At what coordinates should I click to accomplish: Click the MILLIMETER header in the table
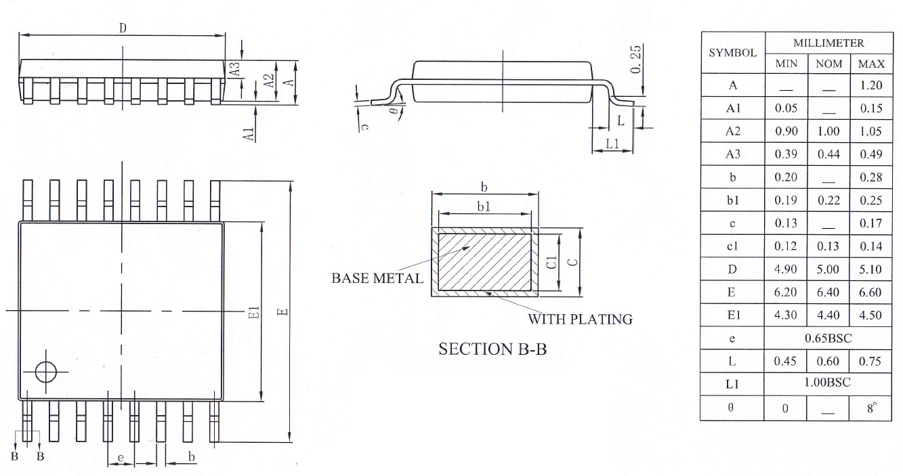tap(828, 43)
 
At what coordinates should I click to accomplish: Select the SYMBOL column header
tap(732, 52)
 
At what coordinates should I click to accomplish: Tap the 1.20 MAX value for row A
tap(871, 85)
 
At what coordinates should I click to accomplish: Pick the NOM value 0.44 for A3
tap(828, 154)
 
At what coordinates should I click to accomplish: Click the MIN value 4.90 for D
tap(786, 269)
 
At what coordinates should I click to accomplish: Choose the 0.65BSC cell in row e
tap(828, 338)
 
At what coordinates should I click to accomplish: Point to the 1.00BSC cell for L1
tap(828, 383)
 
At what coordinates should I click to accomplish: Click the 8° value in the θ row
tap(871, 408)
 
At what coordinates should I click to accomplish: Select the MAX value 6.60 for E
tap(871, 293)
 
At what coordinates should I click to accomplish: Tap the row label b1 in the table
tap(732, 200)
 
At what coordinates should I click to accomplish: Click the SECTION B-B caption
tap(492, 349)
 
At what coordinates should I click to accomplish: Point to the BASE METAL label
tap(377, 278)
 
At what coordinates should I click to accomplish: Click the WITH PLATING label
tap(581, 319)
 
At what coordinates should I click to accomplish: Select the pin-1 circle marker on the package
tap(47, 372)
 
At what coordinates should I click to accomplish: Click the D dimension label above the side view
tap(123, 28)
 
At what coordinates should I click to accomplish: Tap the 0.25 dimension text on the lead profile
tap(635, 60)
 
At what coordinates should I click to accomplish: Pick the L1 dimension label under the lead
tap(612, 144)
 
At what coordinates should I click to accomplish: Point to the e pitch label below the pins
tap(121, 458)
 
